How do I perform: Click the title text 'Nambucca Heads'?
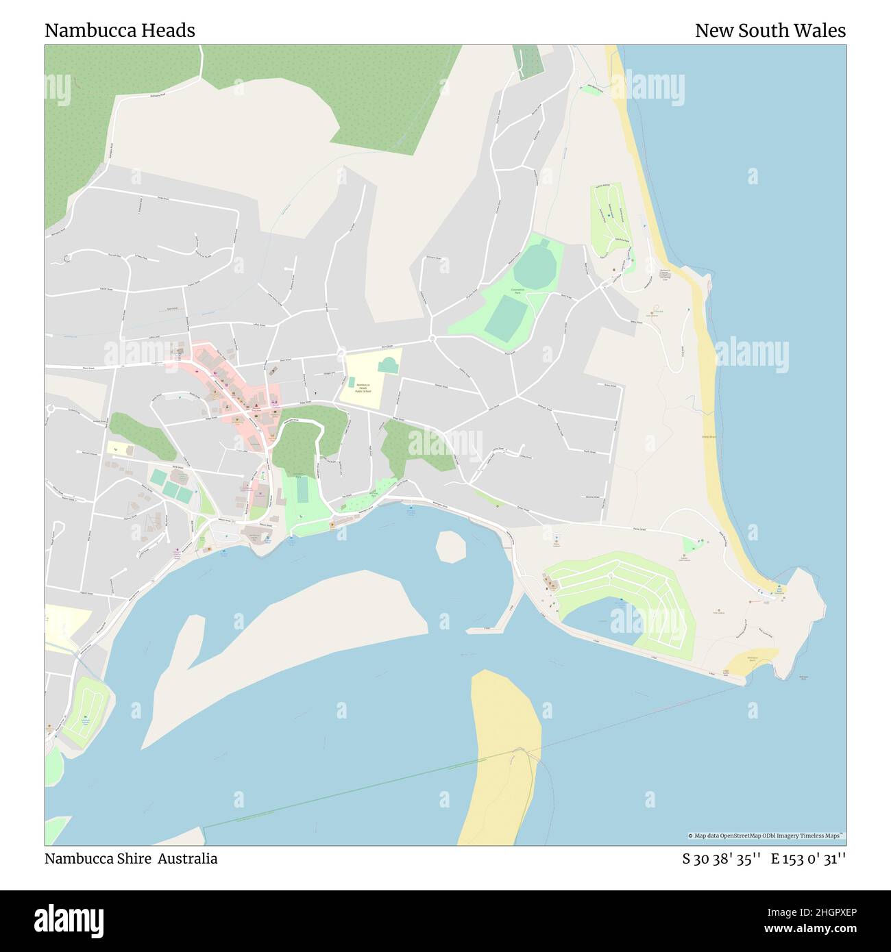(120, 31)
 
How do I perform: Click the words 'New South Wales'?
(770, 31)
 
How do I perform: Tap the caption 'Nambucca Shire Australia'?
(131, 859)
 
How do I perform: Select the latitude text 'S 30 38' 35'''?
(721, 859)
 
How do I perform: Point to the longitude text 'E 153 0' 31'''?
(808, 859)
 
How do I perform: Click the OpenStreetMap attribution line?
(766, 836)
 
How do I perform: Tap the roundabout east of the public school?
(432, 338)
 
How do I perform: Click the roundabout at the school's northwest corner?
(341, 353)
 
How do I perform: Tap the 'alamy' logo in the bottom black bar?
(69, 920)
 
